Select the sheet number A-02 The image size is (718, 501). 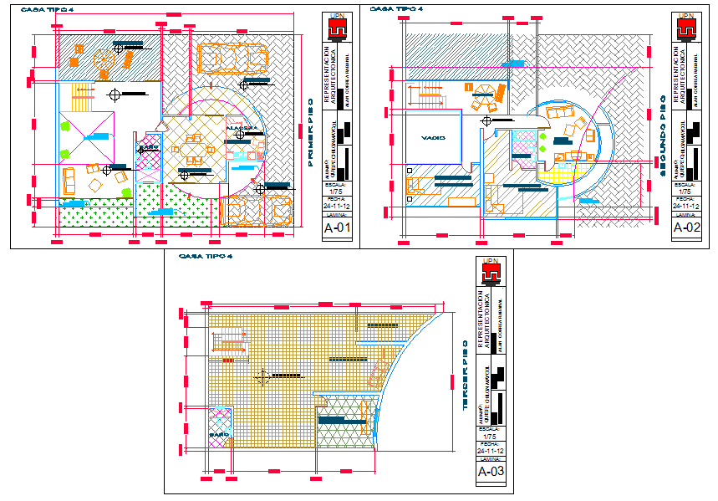tap(686, 226)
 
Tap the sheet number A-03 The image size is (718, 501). tap(491, 473)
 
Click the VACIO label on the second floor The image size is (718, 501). tap(433, 137)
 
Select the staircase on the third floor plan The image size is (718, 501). tap(230, 342)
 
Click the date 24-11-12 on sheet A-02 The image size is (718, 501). tap(686, 204)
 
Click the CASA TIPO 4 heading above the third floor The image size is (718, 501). tap(206, 256)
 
